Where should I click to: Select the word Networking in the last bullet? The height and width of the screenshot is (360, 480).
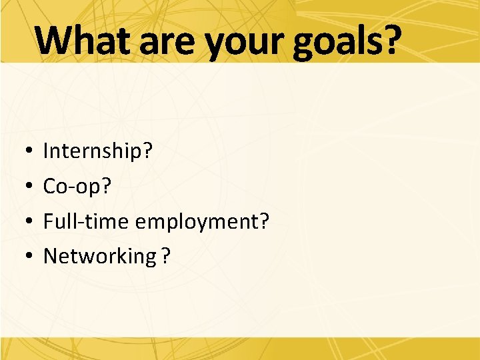pyautogui.click(x=99, y=257)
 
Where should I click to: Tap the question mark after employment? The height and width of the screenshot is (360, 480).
pyautogui.click(x=263, y=221)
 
